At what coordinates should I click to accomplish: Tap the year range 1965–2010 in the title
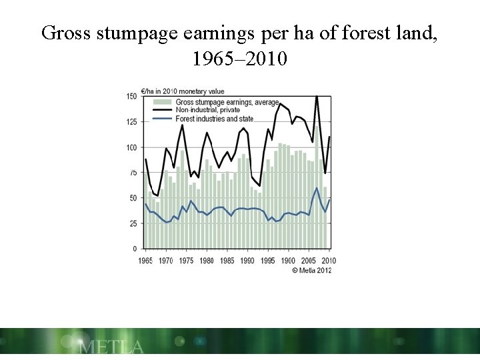(239, 60)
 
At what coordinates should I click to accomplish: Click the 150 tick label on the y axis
(132, 97)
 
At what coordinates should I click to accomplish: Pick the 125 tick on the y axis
(132, 122)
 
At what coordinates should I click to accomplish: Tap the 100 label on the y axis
(132, 147)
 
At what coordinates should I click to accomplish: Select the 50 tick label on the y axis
(133, 198)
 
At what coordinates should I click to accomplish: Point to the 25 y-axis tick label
(133, 223)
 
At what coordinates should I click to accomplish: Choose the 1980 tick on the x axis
(206, 260)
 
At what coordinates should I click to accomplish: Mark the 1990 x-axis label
(247, 260)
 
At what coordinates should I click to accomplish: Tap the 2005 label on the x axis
(308, 260)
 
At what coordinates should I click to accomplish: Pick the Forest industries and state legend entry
(209, 119)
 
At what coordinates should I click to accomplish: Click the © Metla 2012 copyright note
(311, 270)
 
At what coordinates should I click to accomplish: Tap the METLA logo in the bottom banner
(110, 346)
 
